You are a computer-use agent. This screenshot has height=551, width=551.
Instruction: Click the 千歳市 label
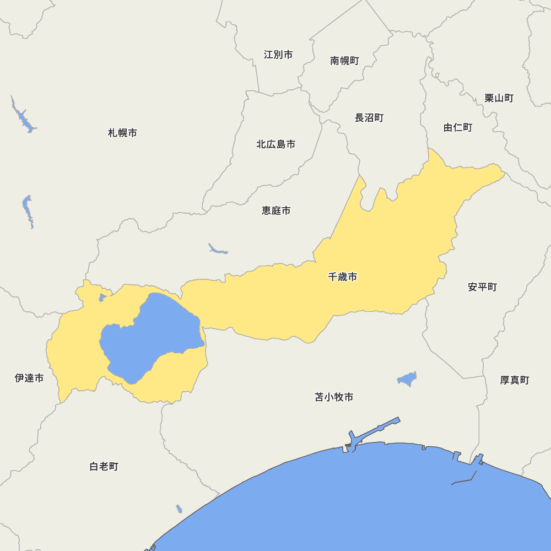[x=342, y=277]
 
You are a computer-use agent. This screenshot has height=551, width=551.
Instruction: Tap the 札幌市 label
[x=122, y=133]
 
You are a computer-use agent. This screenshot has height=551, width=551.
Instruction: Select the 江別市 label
[x=278, y=55]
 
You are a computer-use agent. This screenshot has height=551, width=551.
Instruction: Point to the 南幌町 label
[x=344, y=61]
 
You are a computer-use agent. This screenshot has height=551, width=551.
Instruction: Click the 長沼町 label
[x=369, y=118]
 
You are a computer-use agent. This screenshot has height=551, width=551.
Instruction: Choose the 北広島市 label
[x=275, y=144]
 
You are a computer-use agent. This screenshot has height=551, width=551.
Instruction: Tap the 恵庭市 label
[x=276, y=210]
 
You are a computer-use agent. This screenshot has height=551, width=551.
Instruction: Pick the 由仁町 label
[x=458, y=128]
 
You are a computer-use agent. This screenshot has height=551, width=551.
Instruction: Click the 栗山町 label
[x=499, y=98]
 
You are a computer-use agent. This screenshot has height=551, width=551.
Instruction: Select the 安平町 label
[x=482, y=287]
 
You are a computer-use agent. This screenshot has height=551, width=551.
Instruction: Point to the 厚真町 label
[x=514, y=380]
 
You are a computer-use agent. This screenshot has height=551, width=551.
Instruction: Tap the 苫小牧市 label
[x=334, y=397]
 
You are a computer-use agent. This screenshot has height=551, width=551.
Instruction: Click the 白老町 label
[x=104, y=467]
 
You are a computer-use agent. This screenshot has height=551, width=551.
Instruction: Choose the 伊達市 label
[x=29, y=378]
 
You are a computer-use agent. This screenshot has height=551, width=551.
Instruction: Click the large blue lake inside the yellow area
[x=149, y=336]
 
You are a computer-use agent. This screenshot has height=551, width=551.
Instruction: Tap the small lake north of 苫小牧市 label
[x=408, y=379]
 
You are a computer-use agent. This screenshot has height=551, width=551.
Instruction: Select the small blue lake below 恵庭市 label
[x=218, y=250]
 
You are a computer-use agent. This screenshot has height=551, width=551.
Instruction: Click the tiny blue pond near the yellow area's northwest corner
[x=102, y=298]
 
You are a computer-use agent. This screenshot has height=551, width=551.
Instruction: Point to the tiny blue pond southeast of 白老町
[x=179, y=509]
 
